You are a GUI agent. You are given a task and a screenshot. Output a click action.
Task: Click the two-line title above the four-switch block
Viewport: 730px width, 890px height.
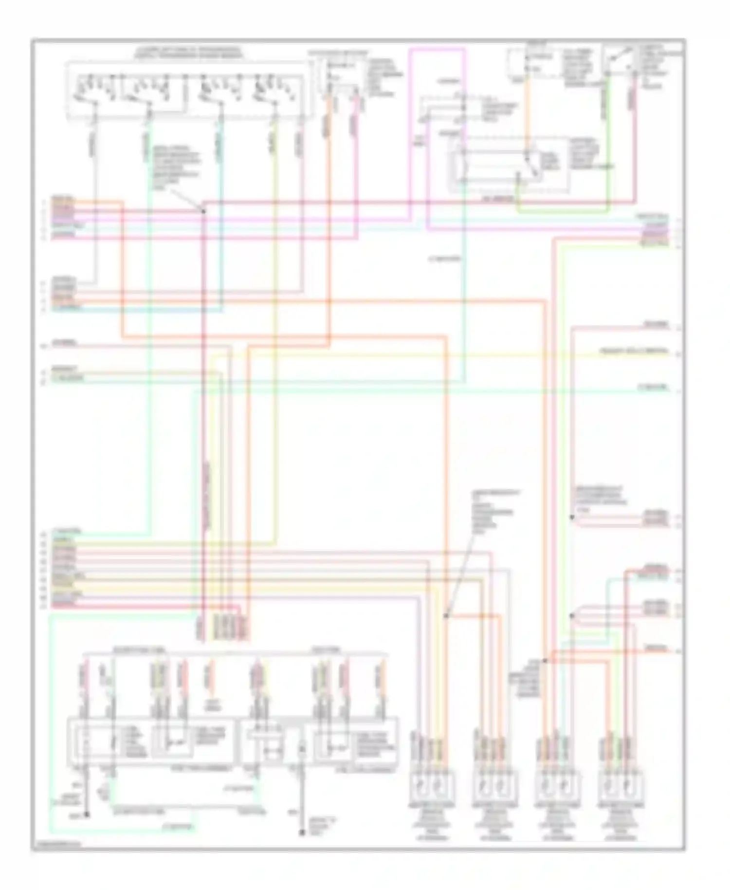[x=189, y=53]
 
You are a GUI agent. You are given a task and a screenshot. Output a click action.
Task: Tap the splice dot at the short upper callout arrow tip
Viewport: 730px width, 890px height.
[x=203, y=211]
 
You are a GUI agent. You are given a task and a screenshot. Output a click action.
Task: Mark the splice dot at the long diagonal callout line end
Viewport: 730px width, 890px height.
[x=446, y=615]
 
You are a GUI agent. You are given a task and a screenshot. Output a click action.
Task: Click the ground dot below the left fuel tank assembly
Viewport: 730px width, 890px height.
[x=87, y=814]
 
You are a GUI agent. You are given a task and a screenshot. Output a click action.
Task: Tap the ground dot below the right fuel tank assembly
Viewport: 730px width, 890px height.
[x=302, y=833]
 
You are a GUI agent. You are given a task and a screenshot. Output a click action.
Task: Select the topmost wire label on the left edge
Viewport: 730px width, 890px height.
[x=64, y=200]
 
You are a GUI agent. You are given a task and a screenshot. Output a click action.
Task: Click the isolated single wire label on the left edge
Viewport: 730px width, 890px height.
[x=64, y=344]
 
